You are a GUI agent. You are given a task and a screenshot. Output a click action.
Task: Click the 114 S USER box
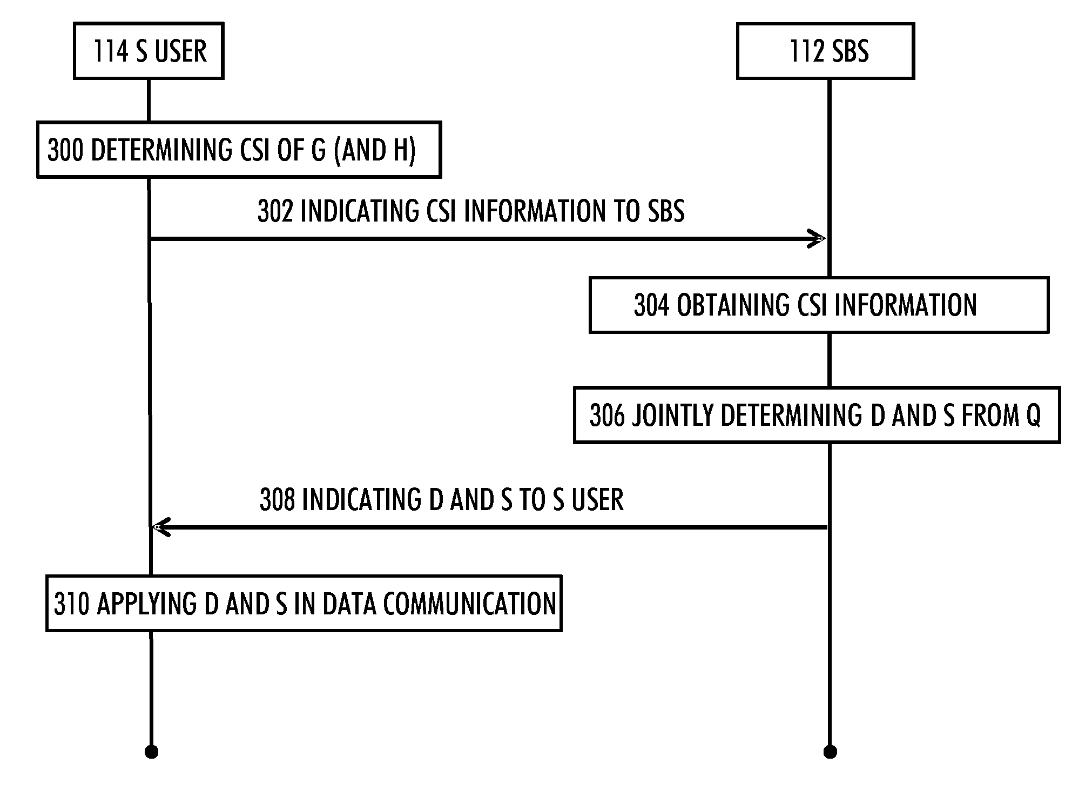(x=149, y=51)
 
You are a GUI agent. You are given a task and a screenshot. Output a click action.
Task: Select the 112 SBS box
(x=825, y=51)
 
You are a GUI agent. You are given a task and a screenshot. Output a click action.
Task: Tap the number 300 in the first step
(x=66, y=150)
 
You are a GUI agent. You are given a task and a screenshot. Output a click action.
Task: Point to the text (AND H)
(x=375, y=150)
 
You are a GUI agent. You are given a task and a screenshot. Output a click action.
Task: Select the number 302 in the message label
(x=275, y=211)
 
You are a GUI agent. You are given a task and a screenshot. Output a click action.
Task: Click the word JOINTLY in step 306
(x=673, y=415)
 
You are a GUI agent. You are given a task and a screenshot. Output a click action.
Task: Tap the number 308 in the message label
(x=278, y=499)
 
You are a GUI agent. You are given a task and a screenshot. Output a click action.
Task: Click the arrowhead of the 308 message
(x=162, y=527)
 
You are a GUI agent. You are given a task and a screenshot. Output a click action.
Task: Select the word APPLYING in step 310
(x=147, y=604)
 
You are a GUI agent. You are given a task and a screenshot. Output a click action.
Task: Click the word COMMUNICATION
(x=469, y=604)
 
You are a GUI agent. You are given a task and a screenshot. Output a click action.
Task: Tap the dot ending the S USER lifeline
(x=151, y=752)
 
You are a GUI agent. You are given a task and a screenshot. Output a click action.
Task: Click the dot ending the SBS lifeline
(x=830, y=752)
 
